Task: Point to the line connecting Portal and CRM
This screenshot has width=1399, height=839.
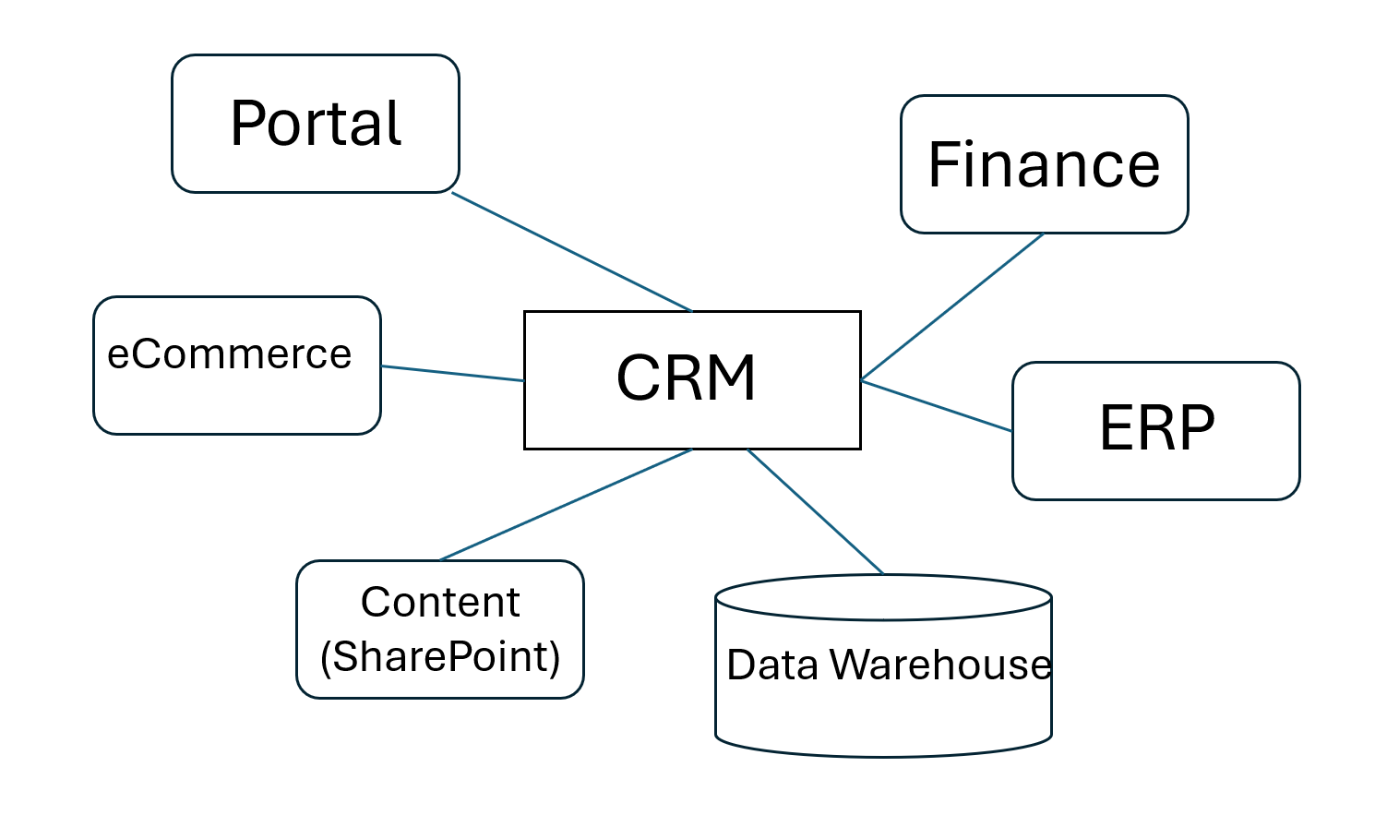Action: pos(572,252)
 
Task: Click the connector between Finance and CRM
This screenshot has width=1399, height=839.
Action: pos(952,306)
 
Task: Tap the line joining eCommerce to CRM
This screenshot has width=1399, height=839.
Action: pos(452,373)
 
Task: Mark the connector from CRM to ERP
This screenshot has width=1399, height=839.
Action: pos(937,406)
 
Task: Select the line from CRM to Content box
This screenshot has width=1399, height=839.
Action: pos(566,505)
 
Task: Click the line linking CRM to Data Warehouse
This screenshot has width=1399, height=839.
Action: pos(815,511)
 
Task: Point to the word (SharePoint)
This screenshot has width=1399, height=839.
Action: pos(440,657)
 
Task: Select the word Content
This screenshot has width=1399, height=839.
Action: pos(440,603)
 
